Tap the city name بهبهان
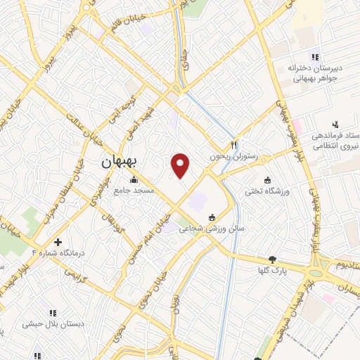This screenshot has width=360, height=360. [x=121, y=161]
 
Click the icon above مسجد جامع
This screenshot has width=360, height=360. [x=134, y=180]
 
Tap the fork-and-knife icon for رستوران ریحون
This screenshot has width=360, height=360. [x=236, y=139]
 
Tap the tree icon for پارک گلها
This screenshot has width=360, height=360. [x=273, y=259]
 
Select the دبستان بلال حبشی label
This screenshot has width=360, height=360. [x=51, y=325]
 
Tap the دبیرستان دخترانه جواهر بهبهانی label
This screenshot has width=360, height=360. [x=314, y=73]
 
